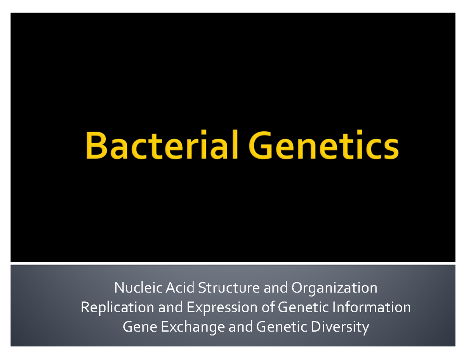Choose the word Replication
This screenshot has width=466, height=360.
(x=116, y=308)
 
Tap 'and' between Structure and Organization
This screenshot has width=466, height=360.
(x=276, y=288)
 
